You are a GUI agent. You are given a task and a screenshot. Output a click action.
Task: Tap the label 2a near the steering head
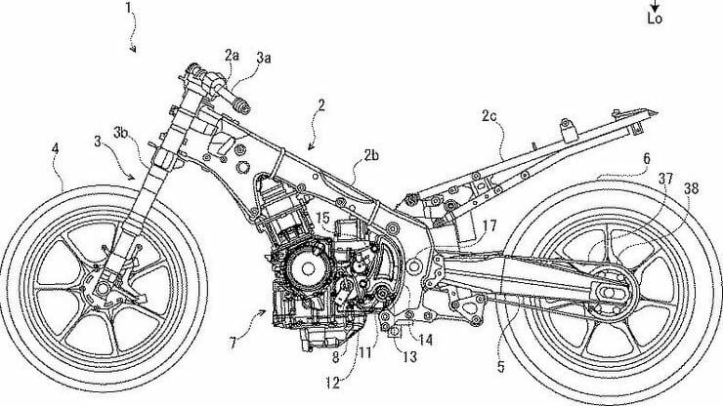coord(231,57)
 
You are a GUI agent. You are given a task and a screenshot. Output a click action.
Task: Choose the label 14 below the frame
coord(427,340)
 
